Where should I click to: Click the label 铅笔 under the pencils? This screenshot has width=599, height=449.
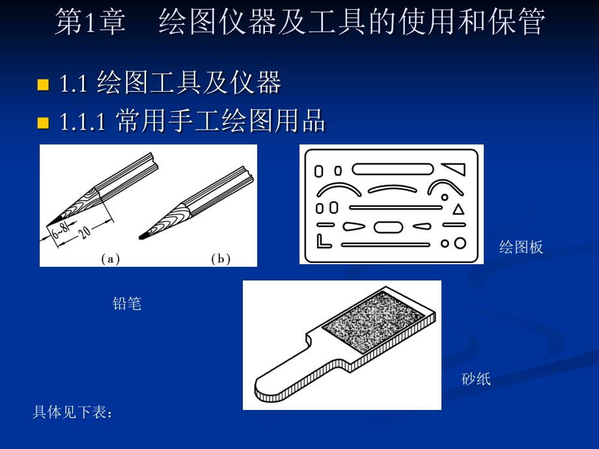127,304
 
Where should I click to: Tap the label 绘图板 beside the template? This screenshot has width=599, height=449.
521,247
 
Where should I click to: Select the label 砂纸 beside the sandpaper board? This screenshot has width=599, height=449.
475,379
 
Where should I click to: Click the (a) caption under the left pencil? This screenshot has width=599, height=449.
111,259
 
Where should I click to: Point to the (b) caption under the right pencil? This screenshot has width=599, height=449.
221,259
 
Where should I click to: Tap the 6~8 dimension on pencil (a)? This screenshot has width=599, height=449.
61,230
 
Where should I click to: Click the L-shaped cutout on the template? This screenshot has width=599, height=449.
324,241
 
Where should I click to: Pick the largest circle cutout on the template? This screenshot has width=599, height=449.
460,243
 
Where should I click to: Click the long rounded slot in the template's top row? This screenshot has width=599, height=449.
393,169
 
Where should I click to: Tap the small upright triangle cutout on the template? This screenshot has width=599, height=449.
458,210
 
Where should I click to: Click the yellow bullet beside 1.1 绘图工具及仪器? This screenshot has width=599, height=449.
43,85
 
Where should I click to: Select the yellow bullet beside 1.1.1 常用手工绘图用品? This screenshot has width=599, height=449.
43,123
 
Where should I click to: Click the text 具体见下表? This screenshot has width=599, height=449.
70,412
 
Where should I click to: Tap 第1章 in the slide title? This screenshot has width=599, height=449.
90,22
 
